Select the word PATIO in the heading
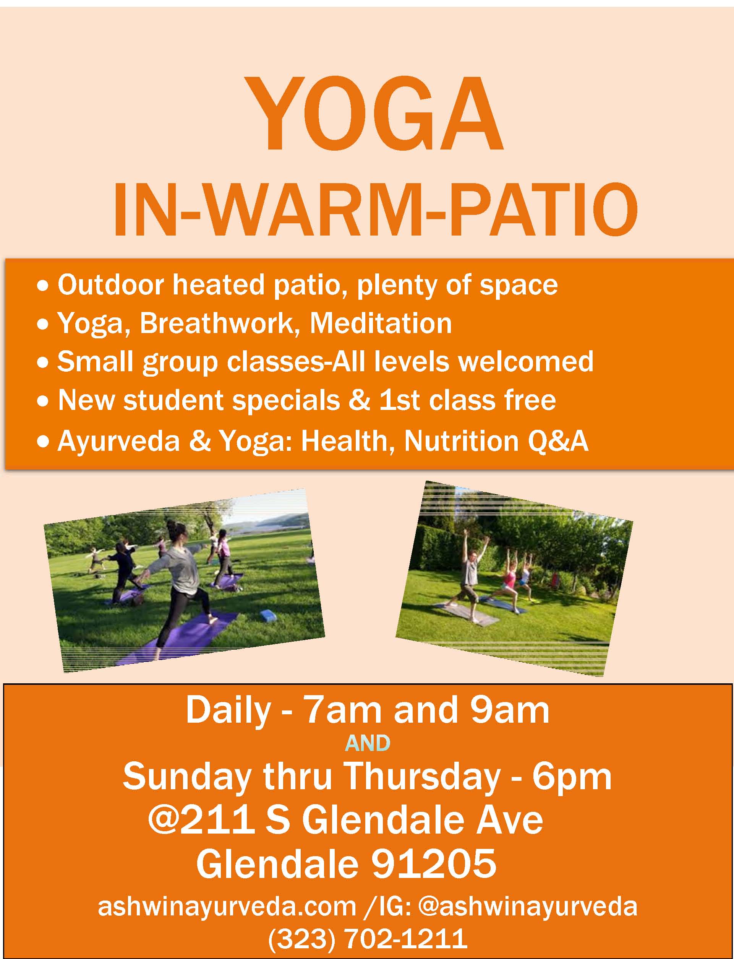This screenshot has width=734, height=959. click(x=540, y=212)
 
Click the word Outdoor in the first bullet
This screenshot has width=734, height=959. click(x=111, y=285)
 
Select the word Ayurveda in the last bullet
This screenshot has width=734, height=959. click(x=119, y=442)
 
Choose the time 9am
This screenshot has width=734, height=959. click(x=509, y=711)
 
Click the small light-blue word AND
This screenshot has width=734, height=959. click(x=368, y=743)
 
